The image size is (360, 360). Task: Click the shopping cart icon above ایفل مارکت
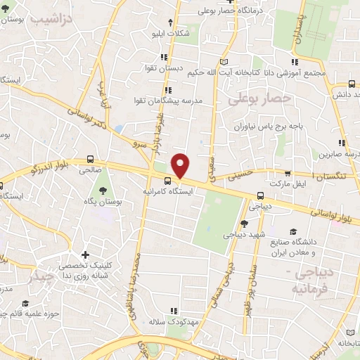coord(288,172)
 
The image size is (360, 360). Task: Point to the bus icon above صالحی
coord(90,159)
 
